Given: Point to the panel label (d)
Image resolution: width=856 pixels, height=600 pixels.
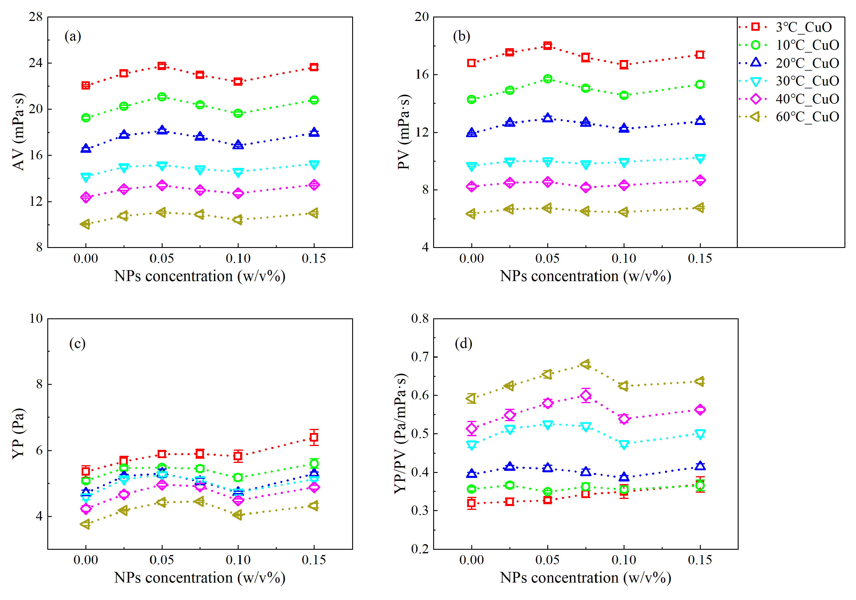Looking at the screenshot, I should tap(463, 343).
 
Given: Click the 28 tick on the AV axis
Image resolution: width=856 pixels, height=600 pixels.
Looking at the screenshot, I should tap(36, 17).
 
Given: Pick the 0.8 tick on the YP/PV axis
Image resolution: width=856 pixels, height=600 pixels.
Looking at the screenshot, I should tap(420, 318).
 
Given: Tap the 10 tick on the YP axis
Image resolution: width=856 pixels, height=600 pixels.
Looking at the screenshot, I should tap(36, 318).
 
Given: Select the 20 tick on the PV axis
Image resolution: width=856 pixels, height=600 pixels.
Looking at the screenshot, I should tap(422, 17).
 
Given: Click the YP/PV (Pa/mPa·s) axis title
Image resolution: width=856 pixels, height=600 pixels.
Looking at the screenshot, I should tap(401, 433).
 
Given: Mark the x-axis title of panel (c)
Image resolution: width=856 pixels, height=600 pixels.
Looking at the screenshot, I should tap(200, 577).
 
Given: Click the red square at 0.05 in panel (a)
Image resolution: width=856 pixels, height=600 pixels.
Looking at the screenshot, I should tap(162, 66).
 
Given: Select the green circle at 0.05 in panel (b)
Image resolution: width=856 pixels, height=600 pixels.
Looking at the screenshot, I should tap(548, 79).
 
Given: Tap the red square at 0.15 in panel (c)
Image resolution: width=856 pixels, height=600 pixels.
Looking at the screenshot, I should tap(314, 437).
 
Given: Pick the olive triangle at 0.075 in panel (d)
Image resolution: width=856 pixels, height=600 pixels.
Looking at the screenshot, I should tap(585, 364).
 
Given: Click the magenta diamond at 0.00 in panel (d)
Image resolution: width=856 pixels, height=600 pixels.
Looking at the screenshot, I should tap(472, 429).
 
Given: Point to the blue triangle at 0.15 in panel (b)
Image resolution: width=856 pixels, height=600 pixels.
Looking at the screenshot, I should tap(700, 120).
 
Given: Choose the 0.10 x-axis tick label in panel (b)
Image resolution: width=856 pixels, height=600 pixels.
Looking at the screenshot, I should tap(624, 258).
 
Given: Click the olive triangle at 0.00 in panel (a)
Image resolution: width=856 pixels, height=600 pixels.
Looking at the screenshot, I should tap(85, 224).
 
